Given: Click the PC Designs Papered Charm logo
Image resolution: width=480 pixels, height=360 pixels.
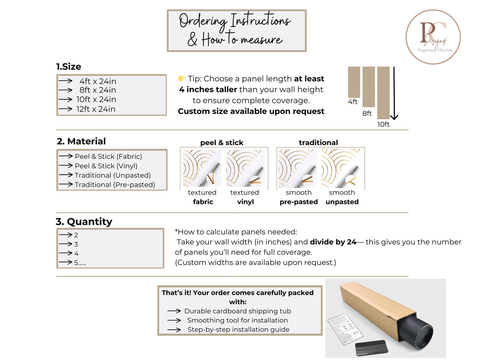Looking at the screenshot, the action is pyautogui.click(x=433, y=37).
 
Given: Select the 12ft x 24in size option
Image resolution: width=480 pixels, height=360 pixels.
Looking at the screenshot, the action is pyautogui.click(x=96, y=109).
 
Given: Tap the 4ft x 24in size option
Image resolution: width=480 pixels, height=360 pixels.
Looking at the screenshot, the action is pyautogui.click(x=98, y=81).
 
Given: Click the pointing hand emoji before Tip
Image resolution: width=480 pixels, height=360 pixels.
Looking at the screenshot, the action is pyautogui.click(x=181, y=78).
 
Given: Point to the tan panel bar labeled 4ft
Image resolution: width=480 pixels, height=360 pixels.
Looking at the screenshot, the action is pyautogui.click(x=354, y=82).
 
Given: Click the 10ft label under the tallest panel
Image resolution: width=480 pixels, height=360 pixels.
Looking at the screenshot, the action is pyautogui.click(x=383, y=124).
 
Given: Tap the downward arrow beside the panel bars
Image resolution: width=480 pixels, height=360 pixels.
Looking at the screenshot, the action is pyautogui.click(x=394, y=93).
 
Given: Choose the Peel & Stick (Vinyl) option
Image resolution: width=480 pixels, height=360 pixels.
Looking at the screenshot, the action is pyautogui.click(x=106, y=166).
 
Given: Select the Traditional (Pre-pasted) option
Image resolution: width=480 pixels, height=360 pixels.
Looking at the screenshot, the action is pyautogui.click(x=115, y=185).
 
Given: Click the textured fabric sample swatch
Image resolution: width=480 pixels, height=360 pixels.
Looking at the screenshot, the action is pyautogui.click(x=202, y=168).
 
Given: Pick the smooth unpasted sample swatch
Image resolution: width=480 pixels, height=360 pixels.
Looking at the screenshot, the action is pyautogui.click(x=340, y=168).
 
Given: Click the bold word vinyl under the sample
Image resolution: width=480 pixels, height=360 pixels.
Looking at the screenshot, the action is pyautogui.click(x=245, y=202).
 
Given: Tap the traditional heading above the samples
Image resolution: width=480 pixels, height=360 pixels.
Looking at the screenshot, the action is pyautogui.click(x=318, y=142).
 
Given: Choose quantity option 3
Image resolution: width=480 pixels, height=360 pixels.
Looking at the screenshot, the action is pyautogui.click(x=76, y=244).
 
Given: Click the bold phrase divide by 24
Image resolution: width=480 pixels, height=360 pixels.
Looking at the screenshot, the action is pyautogui.click(x=333, y=242).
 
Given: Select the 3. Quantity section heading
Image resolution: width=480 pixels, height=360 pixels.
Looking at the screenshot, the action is pyautogui.click(x=84, y=222).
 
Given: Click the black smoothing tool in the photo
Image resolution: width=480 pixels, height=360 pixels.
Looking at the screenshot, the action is pyautogui.click(x=371, y=347).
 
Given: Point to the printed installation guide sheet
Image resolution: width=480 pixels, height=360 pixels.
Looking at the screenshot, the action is pyautogui.click(x=345, y=329).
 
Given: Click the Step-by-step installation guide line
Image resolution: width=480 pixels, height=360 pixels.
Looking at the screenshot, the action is pyautogui.click(x=239, y=329).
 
